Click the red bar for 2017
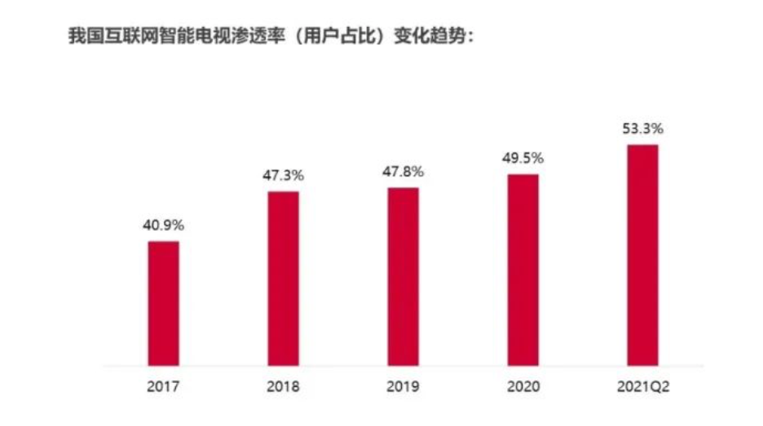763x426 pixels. (x=163, y=303)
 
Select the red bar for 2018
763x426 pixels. (x=283, y=278)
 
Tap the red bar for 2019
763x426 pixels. (x=403, y=276)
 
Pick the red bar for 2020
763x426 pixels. (x=523, y=269)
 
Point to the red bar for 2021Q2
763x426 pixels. (x=642, y=255)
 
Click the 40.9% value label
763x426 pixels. (x=163, y=225)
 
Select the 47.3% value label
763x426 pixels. (x=283, y=175)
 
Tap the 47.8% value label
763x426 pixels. (x=403, y=171)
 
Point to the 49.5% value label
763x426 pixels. (x=523, y=158)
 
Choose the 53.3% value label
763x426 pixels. (x=642, y=128)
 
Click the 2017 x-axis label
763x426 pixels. (x=163, y=386)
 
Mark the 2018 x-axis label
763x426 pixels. (x=283, y=386)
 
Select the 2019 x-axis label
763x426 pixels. (x=403, y=386)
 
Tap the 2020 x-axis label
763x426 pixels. (x=523, y=386)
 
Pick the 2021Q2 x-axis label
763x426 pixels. (x=642, y=386)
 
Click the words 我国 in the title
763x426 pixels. (x=85, y=38)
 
